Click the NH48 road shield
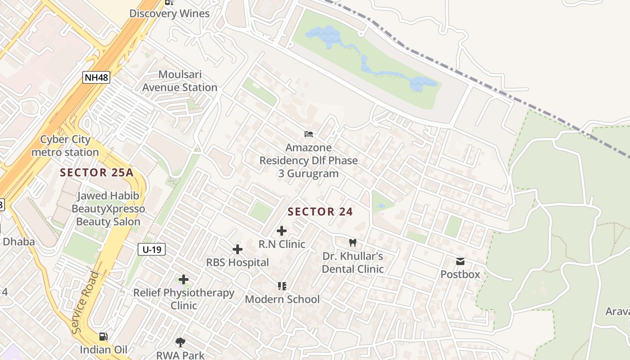96,77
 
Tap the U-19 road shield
152,249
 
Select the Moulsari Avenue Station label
180,81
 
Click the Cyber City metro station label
65,146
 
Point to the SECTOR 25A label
97,172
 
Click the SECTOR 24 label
320,211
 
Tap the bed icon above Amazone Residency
309,134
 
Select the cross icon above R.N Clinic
282,231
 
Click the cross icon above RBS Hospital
238,249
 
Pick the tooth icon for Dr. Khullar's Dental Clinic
353,243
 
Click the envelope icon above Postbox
460,261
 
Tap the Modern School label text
282,299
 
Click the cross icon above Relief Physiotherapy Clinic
184,279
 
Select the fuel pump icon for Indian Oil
103,337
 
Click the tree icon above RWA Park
180,342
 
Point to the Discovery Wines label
170,13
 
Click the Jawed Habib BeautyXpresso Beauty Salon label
108,209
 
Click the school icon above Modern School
282,286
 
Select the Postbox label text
460,274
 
